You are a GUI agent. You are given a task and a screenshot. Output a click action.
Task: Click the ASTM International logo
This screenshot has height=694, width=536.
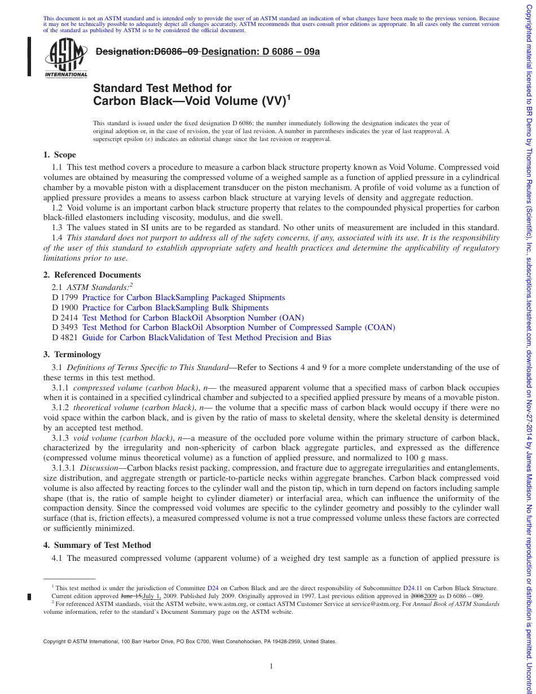[66, 58]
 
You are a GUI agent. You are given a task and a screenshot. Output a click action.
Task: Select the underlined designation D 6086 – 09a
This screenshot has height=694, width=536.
[261, 51]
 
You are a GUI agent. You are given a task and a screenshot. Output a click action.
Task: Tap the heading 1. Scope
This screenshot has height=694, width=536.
[59, 155]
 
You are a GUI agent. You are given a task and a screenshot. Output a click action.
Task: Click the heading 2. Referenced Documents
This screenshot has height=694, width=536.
[92, 275]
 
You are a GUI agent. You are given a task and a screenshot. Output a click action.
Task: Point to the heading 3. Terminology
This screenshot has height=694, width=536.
[72, 354]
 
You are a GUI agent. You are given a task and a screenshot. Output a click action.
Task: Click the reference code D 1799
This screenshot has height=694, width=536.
[64, 297]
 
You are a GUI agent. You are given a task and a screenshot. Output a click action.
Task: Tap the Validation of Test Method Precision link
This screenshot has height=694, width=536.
[207, 337]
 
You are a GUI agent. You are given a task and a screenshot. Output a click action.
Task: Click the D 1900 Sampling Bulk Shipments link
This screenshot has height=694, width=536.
[175, 308]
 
